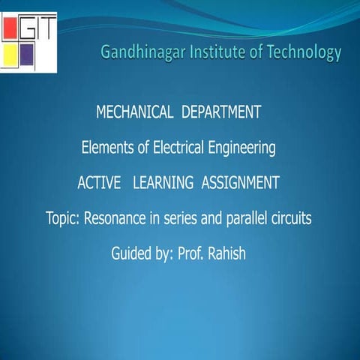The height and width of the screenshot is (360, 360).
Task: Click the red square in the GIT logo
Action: point(10,28)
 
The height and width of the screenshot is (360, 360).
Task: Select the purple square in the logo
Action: point(28,54)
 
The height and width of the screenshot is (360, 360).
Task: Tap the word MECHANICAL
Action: point(135,113)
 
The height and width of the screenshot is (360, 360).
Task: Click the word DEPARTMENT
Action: point(221,113)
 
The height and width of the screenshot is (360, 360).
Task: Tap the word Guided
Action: point(131,253)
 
